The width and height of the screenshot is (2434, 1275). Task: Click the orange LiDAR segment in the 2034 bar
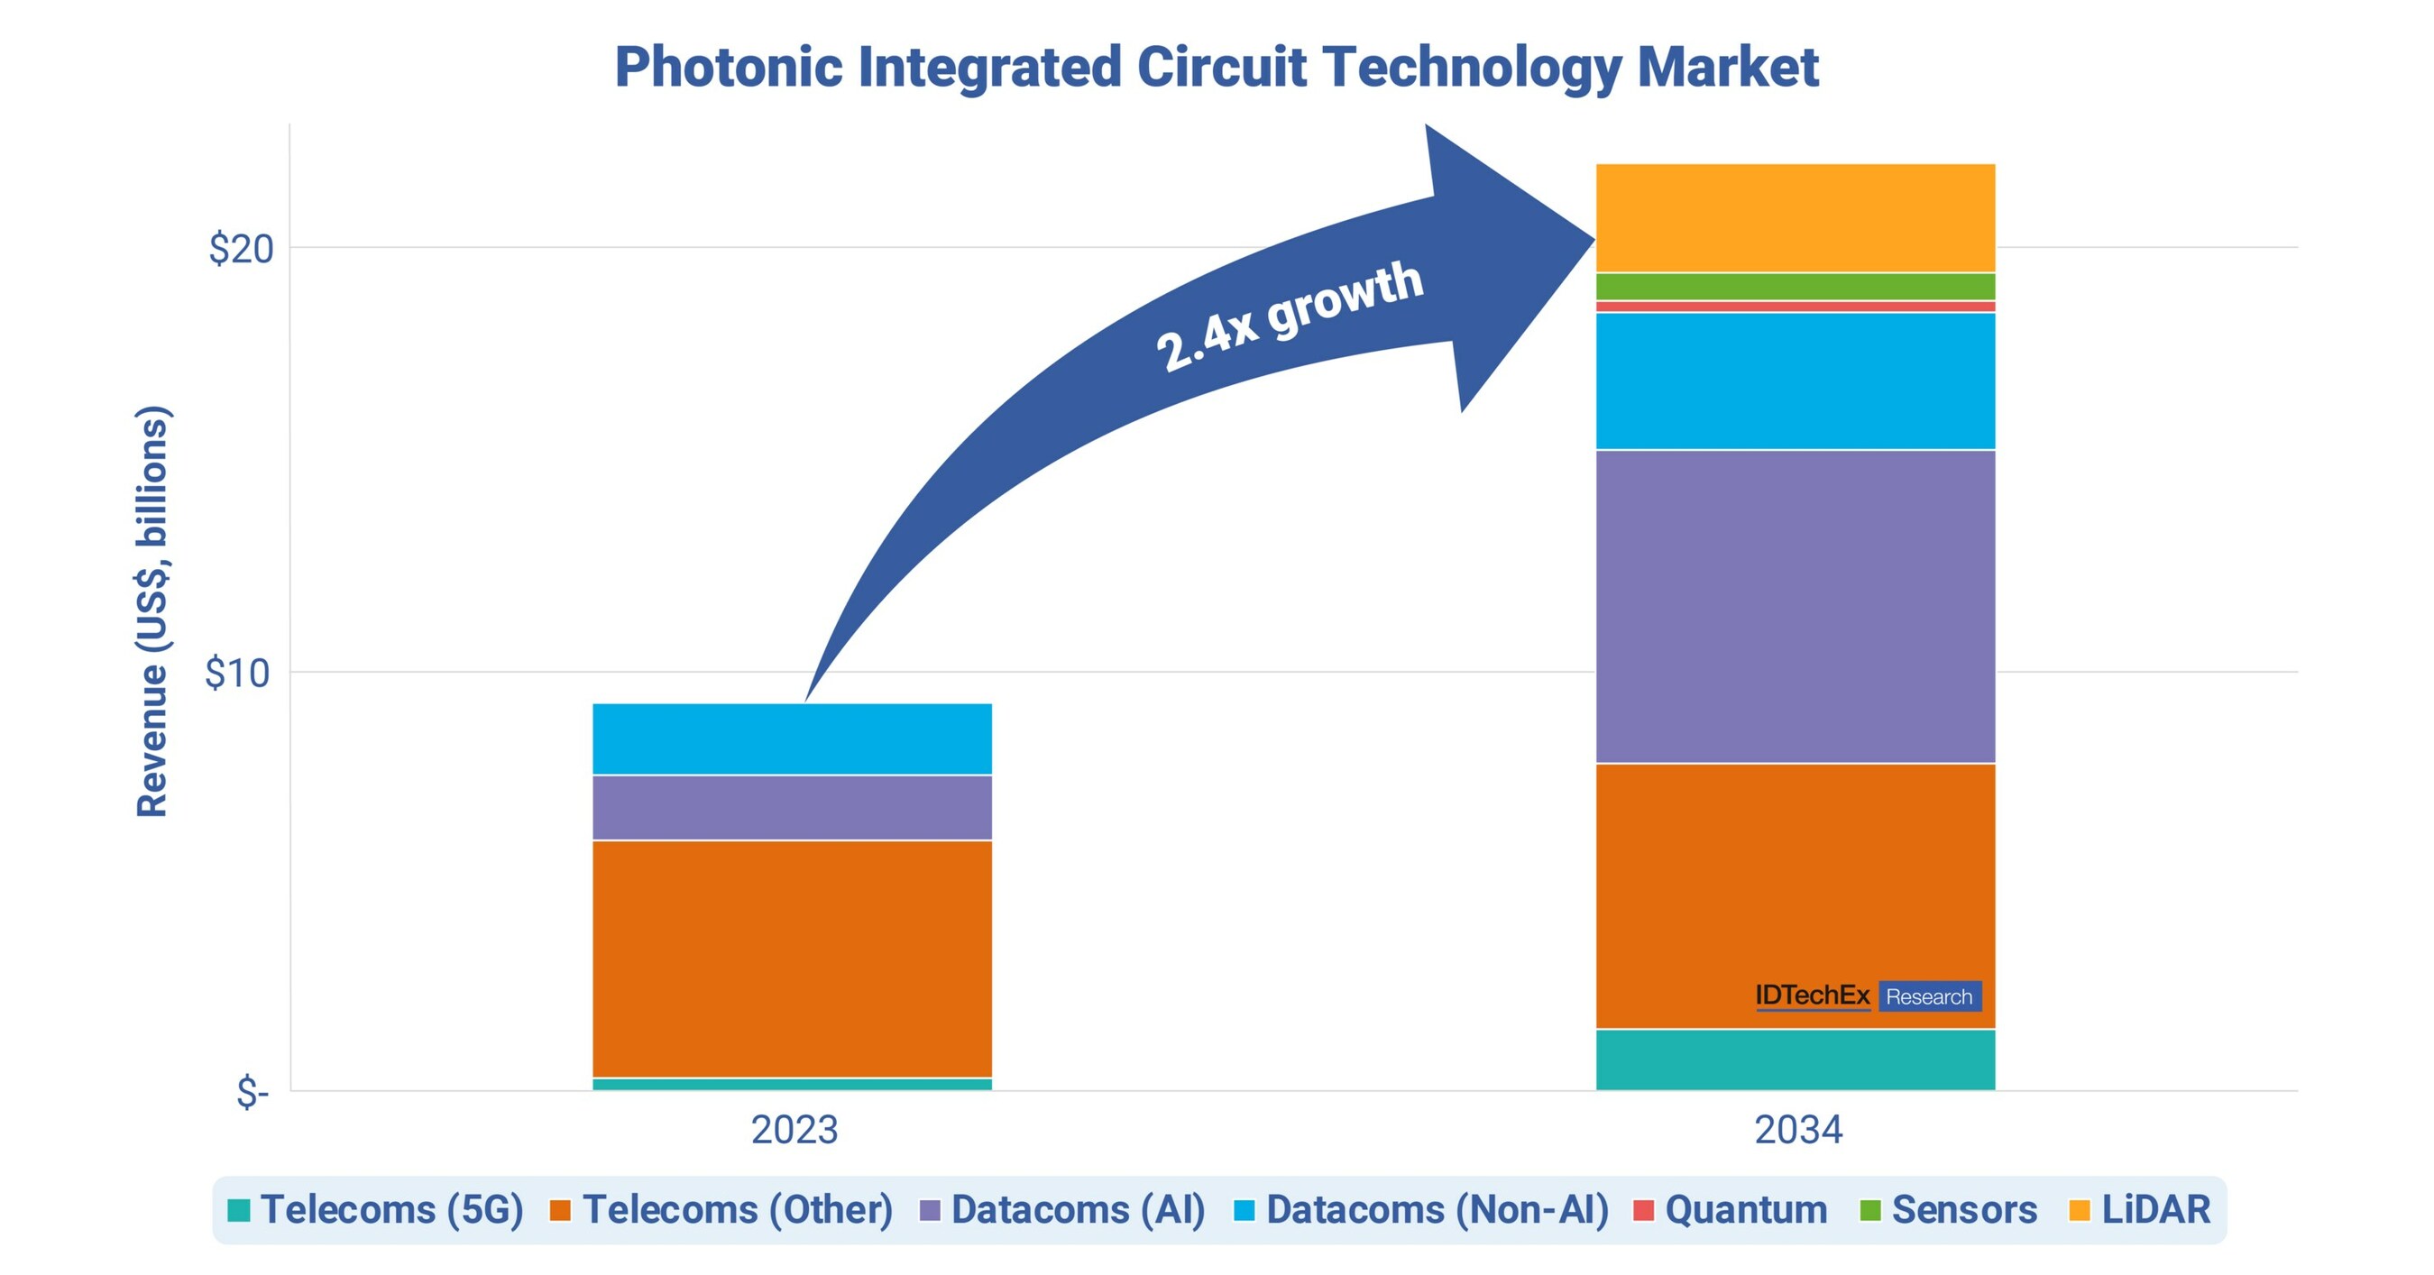[1796, 218]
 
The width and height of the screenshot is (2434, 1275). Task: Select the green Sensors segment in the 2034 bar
[1796, 287]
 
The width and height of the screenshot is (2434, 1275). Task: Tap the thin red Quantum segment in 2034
[1796, 307]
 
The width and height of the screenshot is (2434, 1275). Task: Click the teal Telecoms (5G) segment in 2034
[1796, 1059]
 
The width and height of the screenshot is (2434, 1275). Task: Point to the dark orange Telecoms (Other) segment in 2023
[792, 959]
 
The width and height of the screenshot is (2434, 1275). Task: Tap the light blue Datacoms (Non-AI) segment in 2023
[792, 738]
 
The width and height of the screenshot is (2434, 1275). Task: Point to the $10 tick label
[237, 674]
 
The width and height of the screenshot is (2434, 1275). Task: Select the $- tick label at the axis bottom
[253, 1093]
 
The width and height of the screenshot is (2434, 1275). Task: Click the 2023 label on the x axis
[794, 1130]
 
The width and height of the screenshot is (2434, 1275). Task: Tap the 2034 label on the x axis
[1798, 1130]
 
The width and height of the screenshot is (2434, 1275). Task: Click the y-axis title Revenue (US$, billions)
[152, 611]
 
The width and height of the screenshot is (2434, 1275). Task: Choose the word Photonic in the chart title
[729, 68]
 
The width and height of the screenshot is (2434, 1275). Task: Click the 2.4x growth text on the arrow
[1289, 316]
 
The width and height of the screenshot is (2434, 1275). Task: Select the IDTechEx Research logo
[1868, 996]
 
